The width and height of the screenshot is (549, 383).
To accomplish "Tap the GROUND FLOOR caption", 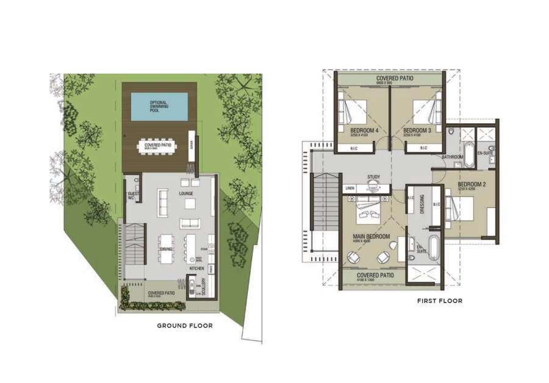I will coord(185,326).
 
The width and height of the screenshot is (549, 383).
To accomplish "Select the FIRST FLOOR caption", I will coord(440,301).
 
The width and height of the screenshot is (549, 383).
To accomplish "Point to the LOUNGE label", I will coord(186,193).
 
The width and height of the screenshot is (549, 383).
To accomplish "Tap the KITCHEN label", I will coord(196,268).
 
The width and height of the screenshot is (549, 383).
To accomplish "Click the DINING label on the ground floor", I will coord(167,249).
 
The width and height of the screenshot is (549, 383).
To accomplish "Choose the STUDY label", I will coord(374,178).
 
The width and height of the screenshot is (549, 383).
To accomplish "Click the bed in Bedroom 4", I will coord(351,112).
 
